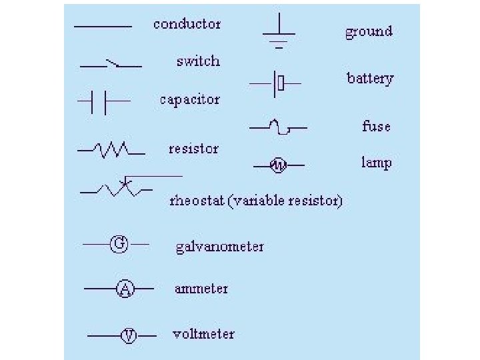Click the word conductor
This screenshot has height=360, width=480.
[x=187, y=24]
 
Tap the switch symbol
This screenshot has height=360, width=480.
[x=111, y=65]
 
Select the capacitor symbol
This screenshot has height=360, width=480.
[x=104, y=101]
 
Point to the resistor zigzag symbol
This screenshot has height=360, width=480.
[x=111, y=150]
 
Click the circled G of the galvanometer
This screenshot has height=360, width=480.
[x=119, y=244]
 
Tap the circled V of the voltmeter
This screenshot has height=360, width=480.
[x=128, y=335]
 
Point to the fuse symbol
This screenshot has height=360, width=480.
[x=278, y=126]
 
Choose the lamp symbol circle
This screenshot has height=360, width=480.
[x=278, y=165]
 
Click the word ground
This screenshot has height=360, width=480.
[x=369, y=31]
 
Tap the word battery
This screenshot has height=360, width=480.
[x=370, y=79]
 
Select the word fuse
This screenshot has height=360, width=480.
[x=376, y=125]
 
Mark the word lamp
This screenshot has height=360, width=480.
[x=376, y=163]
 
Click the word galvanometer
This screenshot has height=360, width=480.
[x=219, y=247]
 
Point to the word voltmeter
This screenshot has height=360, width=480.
[x=203, y=334]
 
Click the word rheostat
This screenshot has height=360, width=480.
[x=197, y=201]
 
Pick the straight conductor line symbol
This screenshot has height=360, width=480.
[x=103, y=27]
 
